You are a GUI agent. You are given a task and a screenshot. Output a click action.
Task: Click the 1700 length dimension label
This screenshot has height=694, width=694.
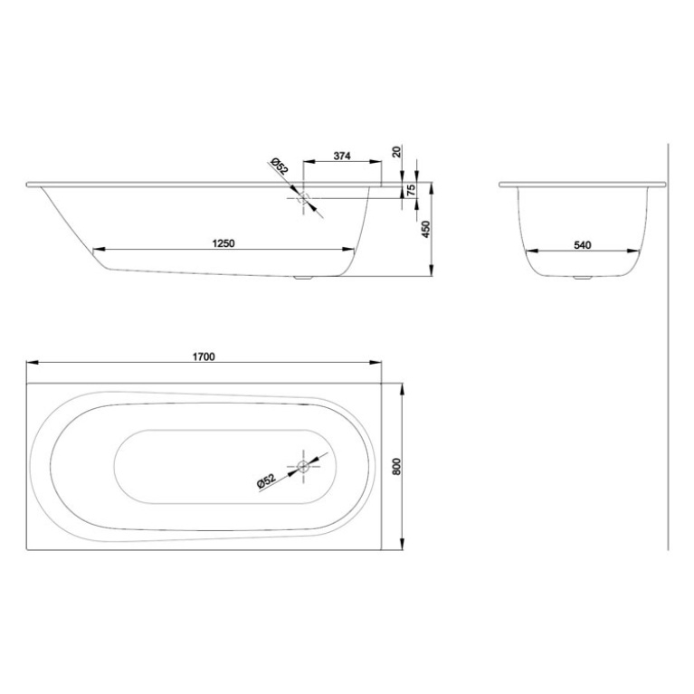point(204,356)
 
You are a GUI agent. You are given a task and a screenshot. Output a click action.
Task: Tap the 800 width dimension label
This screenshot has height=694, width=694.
point(395,467)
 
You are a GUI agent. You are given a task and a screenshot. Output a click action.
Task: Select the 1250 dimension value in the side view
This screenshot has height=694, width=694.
point(223,242)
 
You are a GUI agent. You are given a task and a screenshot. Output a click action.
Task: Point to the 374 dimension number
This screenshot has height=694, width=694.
point(341,156)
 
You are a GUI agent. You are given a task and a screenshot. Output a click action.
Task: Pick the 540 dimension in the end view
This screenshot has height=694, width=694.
point(583,244)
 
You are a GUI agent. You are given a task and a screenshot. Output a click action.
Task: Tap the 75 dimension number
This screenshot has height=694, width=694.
point(412,191)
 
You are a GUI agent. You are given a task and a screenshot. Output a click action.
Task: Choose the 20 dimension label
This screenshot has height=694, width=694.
point(399,151)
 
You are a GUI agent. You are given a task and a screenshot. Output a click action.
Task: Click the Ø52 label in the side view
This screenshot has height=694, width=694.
point(279,167)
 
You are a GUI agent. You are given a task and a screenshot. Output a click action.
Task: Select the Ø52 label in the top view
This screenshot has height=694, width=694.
point(267,482)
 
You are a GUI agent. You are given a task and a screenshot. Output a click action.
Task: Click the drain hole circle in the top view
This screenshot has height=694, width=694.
point(303,467)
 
